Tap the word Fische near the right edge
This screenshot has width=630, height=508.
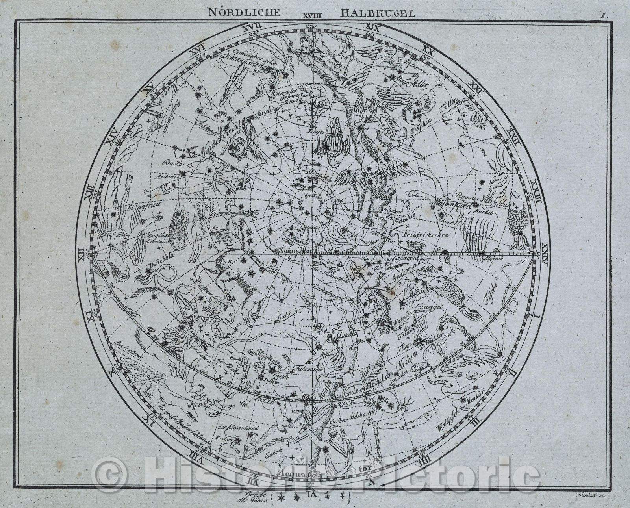click(492, 294)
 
